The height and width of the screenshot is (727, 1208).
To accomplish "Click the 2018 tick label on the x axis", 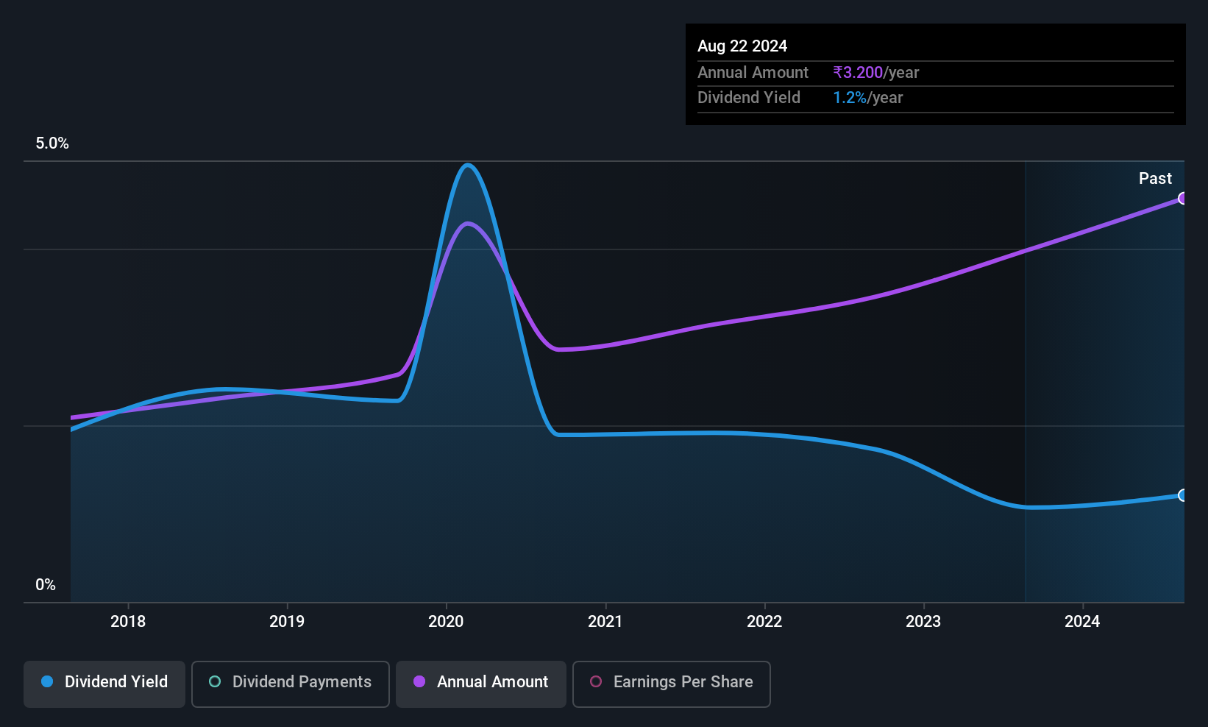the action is tap(128, 621).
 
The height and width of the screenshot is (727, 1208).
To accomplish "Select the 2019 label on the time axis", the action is tap(287, 621).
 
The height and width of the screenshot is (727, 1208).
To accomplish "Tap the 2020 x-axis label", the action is tap(446, 621).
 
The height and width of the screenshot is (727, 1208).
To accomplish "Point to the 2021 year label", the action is tap(605, 621).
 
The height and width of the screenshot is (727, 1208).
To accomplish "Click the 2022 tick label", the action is tap(764, 621).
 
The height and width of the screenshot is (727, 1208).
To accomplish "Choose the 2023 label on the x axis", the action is tap(923, 621).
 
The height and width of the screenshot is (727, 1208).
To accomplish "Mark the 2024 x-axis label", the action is tap(1082, 621).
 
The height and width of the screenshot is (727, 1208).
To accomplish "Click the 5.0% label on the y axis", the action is tap(52, 143).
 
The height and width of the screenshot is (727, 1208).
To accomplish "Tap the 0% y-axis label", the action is tap(46, 585).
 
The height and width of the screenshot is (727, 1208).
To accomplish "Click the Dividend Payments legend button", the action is tap(290, 684).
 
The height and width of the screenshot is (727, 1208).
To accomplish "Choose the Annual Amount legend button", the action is tap(481, 684).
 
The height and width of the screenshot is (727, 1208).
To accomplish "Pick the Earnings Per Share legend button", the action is tap(672, 684).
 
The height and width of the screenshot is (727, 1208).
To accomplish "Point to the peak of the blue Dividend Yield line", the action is tap(468, 165).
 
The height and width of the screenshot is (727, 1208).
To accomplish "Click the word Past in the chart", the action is tap(1155, 179).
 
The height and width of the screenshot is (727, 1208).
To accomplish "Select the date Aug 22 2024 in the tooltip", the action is tap(742, 46).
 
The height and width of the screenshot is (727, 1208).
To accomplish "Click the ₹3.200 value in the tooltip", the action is tap(858, 72).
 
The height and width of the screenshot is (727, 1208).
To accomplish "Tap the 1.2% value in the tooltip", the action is tap(850, 98).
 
